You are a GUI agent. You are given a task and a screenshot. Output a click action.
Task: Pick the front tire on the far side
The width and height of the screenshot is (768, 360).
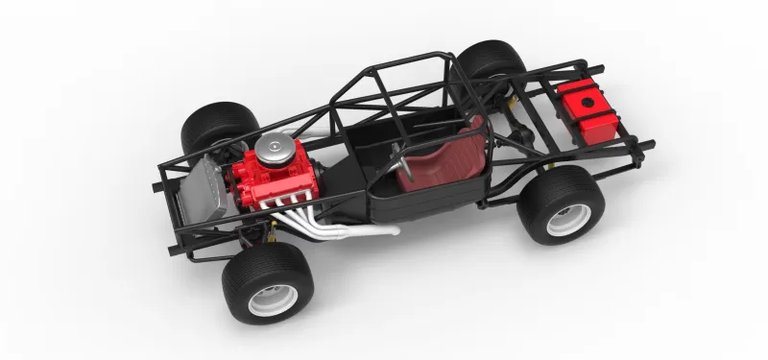tap(217, 123)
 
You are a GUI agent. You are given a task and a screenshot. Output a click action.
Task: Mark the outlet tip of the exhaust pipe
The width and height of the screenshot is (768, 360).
tap(393, 230)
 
